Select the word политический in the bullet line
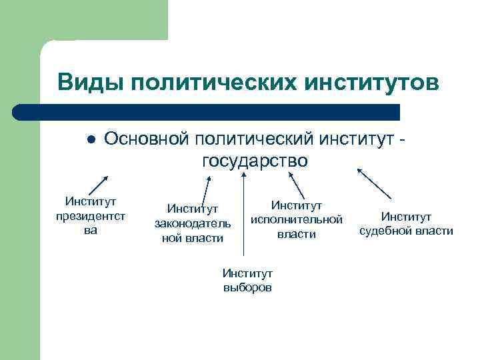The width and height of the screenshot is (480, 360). [x=258, y=139]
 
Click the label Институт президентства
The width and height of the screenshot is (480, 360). [x=91, y=215]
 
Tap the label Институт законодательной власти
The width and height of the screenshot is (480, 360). [x=193, y=224]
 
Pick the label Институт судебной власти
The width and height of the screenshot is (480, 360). [x=406, y=224]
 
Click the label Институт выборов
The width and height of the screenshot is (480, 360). [x=247, y=281]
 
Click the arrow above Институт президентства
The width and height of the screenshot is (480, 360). [x=98, y=184]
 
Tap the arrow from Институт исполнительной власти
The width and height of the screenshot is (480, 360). [x=295, y=183]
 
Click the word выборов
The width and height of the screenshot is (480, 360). [x=247, y=287]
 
